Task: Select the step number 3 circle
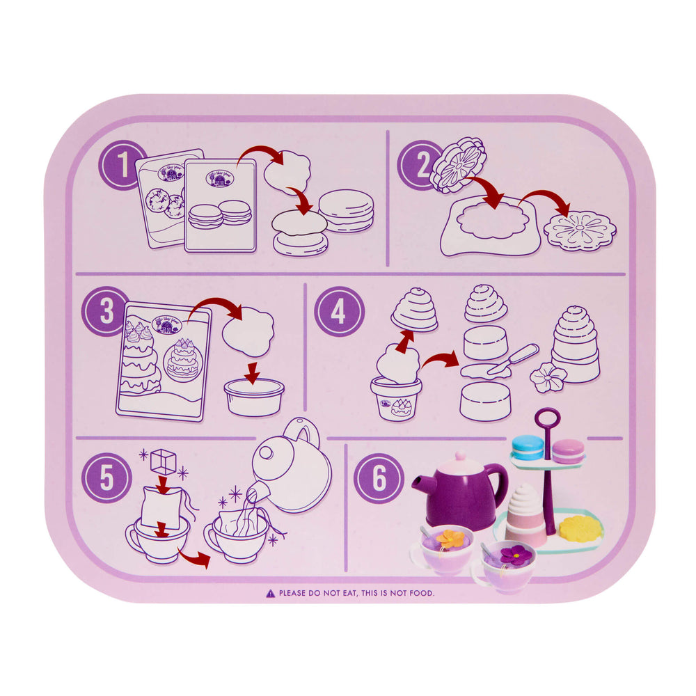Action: pos(106,310)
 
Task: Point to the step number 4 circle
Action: pos(339,311)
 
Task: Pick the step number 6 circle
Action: pos(378,478)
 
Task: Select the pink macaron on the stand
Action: pos(569,450)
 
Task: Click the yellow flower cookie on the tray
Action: pos(580,528)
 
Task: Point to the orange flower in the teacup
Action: pos(450,538)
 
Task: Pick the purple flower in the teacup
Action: pos(516,555)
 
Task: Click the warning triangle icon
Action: pos(270,594)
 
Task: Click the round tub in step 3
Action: pos(253,397)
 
